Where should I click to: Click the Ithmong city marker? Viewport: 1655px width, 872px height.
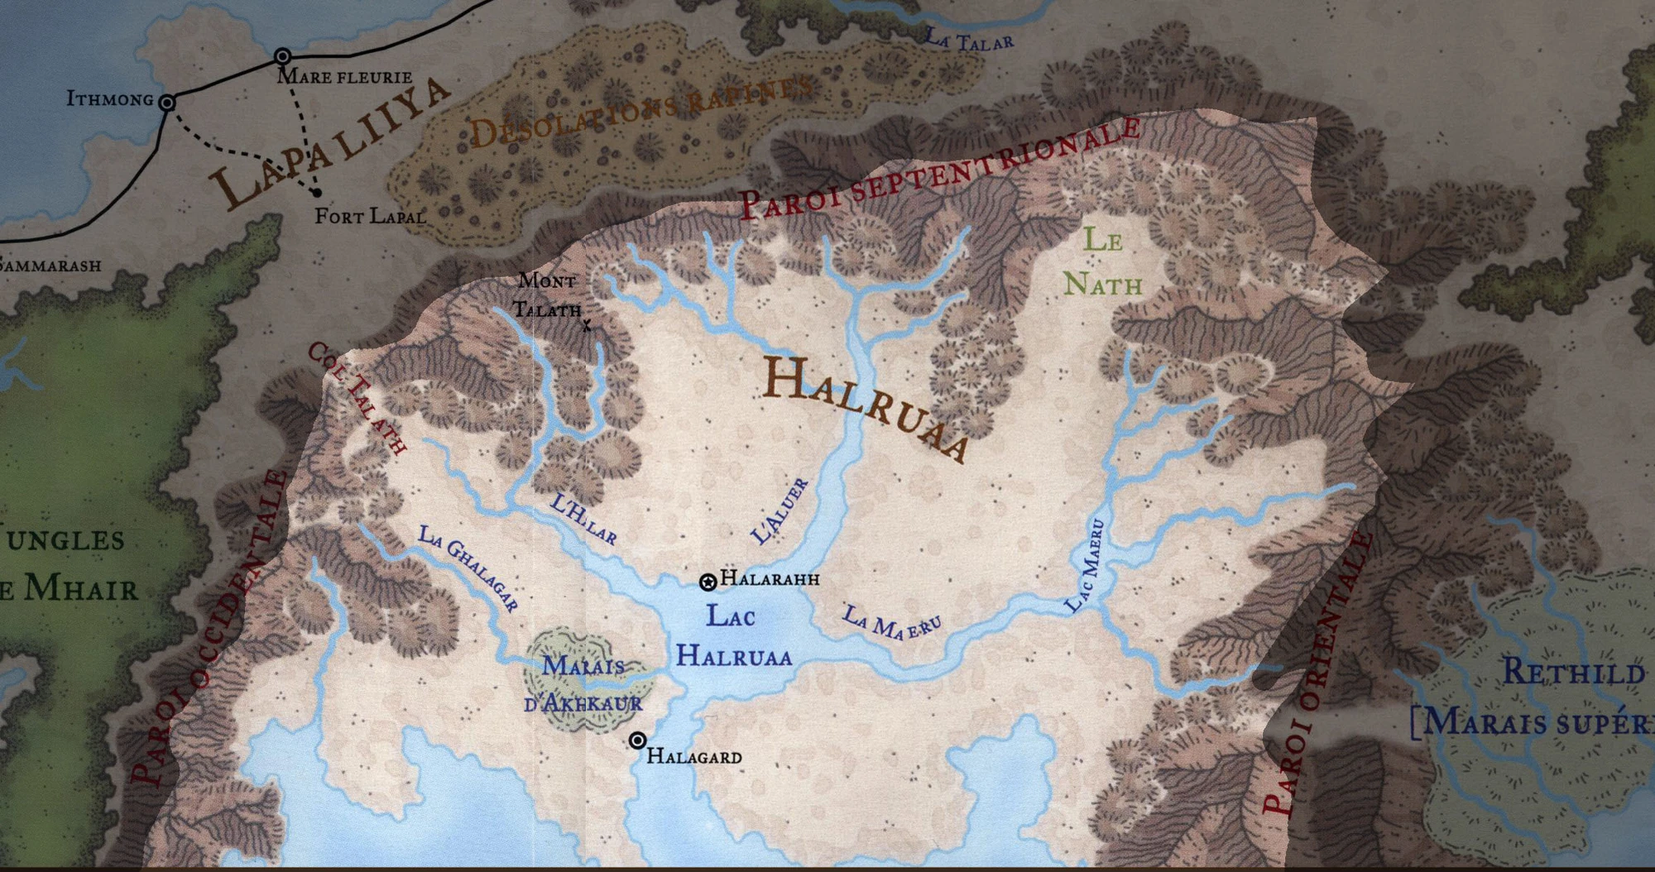click(x=167, y=103)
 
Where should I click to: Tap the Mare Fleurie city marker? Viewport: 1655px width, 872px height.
click(x=283, y=57)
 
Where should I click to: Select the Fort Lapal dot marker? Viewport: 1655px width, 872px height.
click(x=316, y=193)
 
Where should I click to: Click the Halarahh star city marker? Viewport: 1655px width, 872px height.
click(x=708, y=582)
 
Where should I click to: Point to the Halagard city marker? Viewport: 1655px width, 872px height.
click(x=637, y=740)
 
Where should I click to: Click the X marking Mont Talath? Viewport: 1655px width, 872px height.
click(x=587, y=326)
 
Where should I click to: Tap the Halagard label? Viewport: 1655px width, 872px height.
click(x=693, y=756)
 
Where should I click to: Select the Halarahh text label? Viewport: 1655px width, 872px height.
click(x=770, y=578)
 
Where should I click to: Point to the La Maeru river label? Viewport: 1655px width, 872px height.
click(x=891, y=623)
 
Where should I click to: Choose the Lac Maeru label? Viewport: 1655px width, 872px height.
click(x=1085, y=566)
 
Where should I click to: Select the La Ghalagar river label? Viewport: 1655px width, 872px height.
click(x=468, y=568)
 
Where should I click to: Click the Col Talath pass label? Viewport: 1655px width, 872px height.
click(x=357, y=399)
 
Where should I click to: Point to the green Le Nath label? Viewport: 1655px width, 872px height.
click(x=1103, y=262)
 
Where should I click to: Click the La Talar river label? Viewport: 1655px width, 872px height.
click(x=968, y=39)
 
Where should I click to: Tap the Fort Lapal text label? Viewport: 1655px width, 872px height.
click(x=370, y=217)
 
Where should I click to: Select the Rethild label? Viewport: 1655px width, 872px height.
click(x=1573, y=672)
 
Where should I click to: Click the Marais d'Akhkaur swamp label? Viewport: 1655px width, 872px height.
click(x=583, y=685)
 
